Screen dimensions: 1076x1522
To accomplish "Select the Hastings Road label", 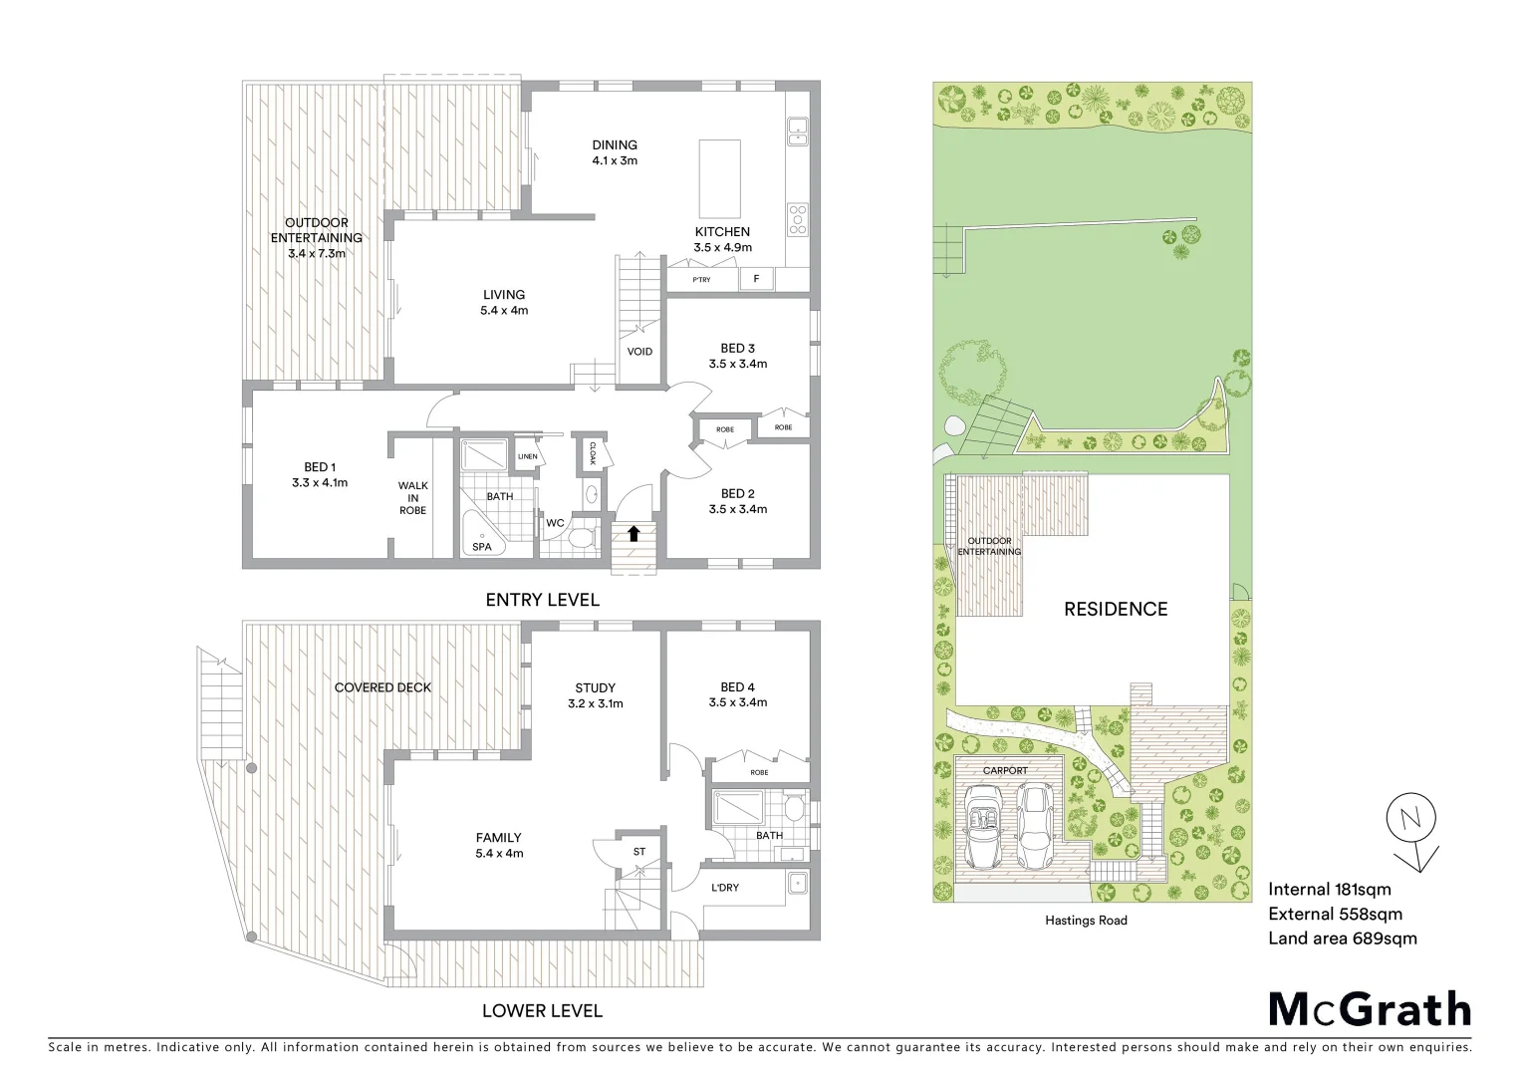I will coord(1081,921).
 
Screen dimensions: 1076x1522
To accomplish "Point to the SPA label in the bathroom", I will coord(482,547).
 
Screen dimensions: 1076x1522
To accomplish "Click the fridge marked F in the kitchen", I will coord(756,279).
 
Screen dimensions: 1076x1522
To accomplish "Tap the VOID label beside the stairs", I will coord(639,352).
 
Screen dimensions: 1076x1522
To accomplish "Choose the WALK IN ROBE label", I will coord(412,498).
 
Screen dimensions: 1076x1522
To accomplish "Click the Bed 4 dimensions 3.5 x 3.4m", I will coord(737,702).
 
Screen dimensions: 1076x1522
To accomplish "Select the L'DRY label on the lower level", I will coord(724,888).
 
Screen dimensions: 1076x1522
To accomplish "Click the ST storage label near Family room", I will coord(639,852).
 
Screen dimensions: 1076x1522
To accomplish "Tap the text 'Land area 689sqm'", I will coord(1342,939).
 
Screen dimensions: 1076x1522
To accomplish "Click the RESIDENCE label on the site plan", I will coord(1116,609).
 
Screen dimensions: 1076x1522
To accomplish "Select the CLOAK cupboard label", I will coord(592,453).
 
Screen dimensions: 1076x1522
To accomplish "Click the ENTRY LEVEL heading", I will coord(542,600).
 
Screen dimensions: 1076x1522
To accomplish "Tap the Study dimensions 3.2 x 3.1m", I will coord(595,703).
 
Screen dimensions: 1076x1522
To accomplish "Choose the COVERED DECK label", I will coord(383,687).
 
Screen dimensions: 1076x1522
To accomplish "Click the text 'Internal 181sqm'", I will coord(1330,890).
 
